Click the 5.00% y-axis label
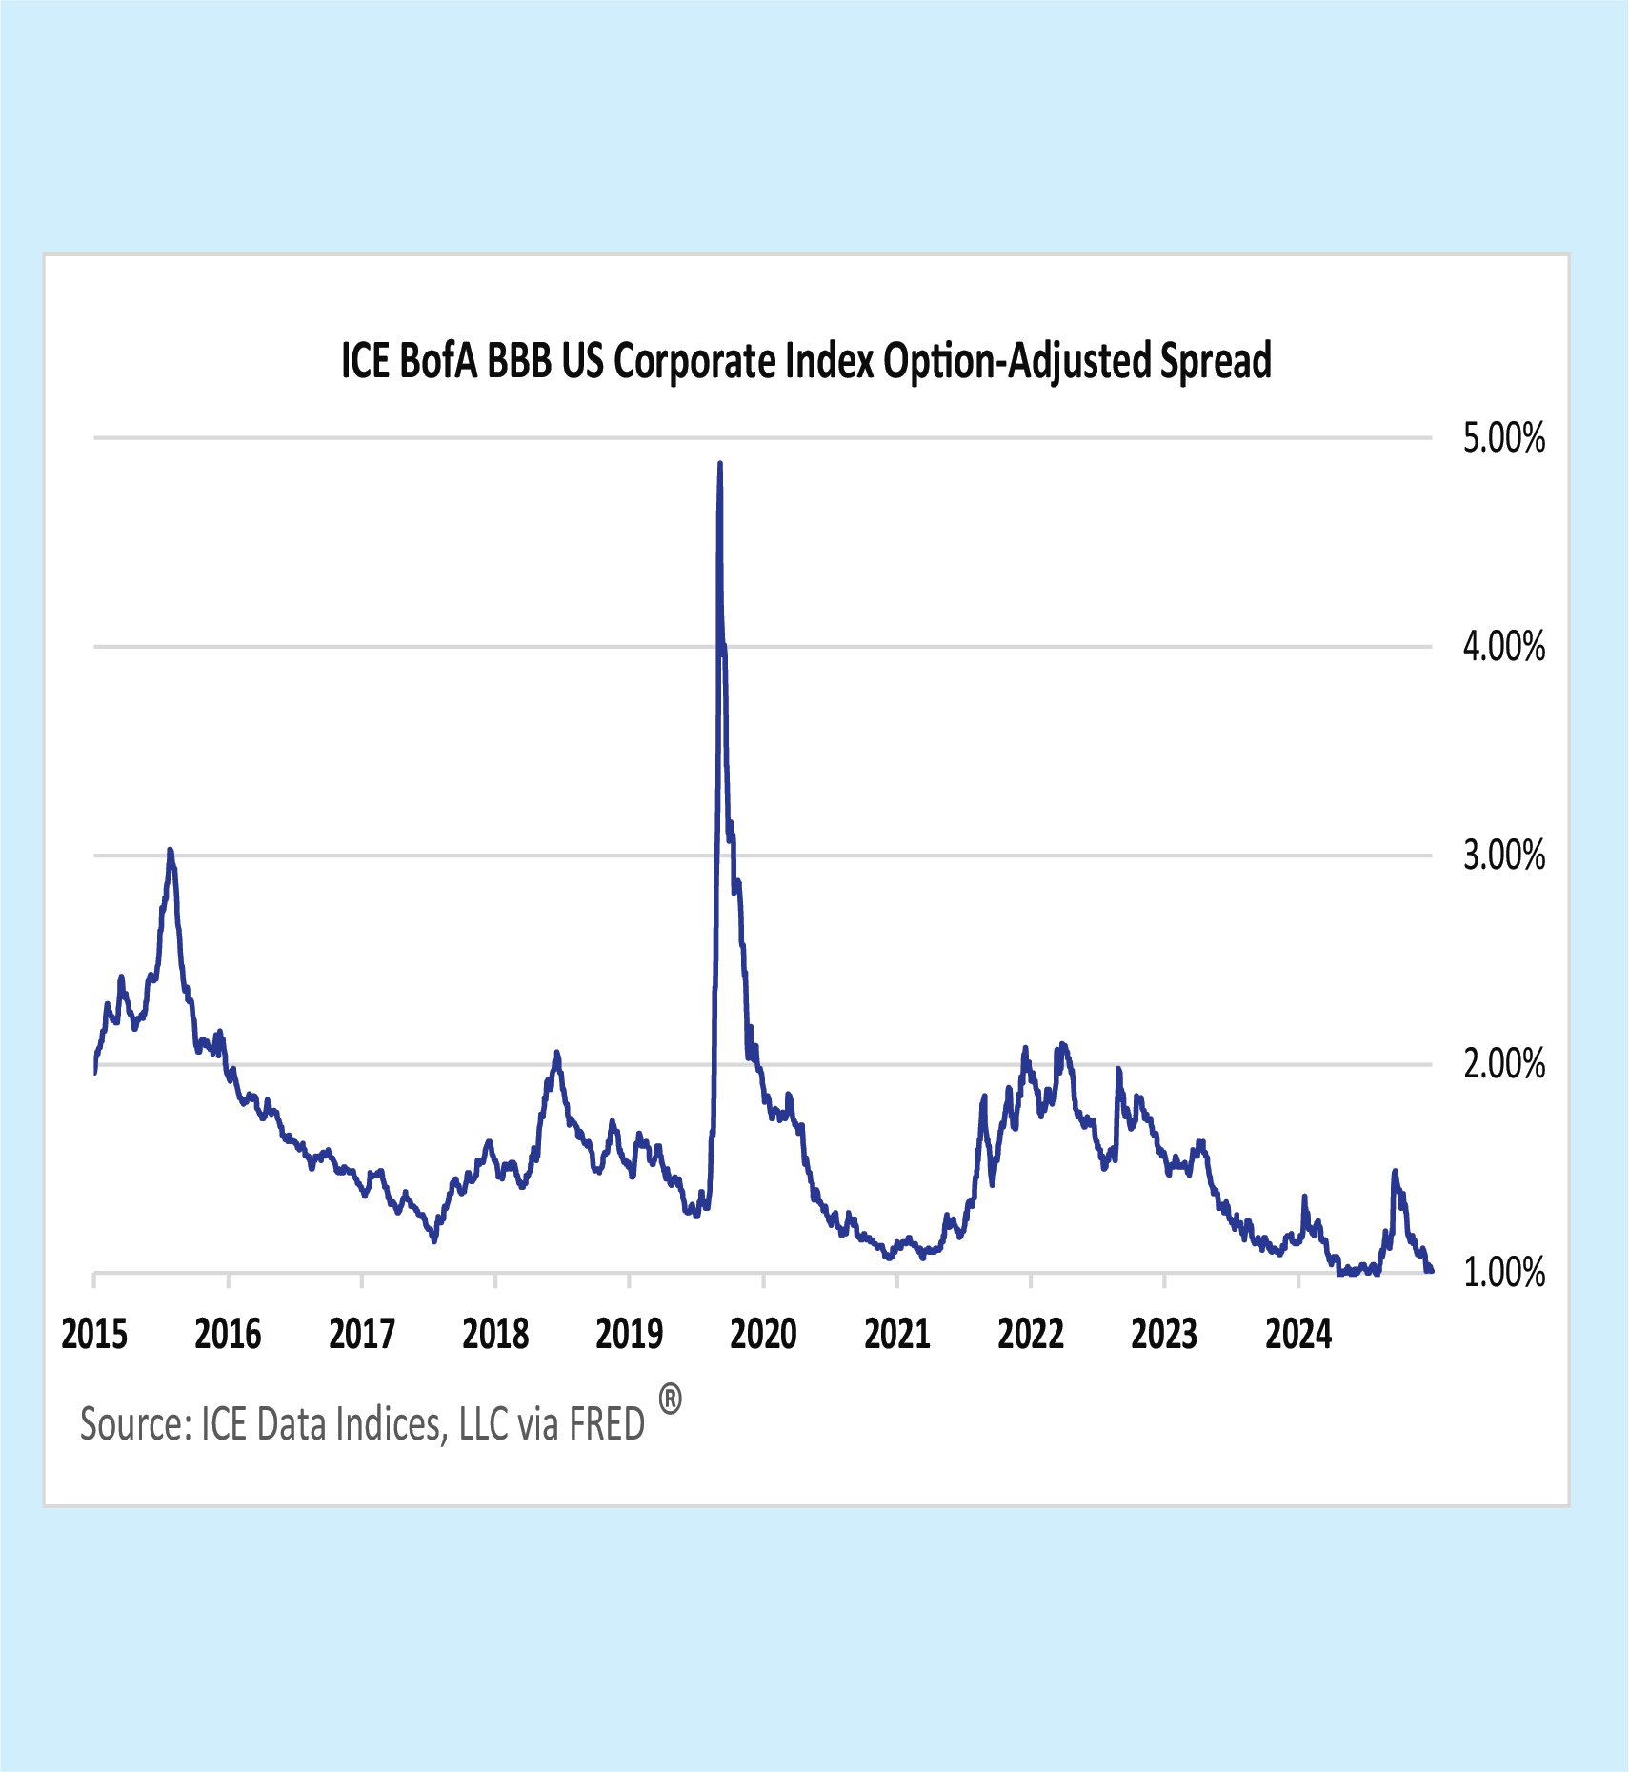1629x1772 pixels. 1503,439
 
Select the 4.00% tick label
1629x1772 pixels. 1503,648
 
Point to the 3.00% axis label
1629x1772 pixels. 1503,856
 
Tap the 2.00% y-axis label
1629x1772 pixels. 1503,1064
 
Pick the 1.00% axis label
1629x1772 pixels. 1503,1273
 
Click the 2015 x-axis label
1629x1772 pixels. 94,1335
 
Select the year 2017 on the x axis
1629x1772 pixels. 362,1335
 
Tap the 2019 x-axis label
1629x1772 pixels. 630,1335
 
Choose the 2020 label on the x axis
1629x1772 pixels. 763,1335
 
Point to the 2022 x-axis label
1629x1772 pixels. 1031,1335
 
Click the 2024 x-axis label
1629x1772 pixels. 1298,1335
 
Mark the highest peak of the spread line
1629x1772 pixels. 720,464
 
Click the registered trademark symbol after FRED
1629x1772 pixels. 671,1400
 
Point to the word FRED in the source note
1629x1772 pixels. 607,1425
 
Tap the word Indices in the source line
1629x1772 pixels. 392,1425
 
